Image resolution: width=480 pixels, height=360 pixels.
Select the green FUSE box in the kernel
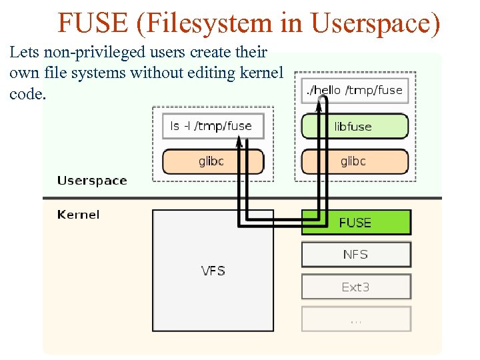356,223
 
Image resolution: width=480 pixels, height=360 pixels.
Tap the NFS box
356,255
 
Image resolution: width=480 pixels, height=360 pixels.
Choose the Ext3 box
356,287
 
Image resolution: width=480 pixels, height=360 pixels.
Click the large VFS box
213,271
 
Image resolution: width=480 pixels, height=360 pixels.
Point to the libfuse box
354,127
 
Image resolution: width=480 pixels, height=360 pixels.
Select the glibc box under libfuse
354,161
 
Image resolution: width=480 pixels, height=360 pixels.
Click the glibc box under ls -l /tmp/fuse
213,161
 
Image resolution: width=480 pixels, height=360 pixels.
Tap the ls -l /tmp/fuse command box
212,125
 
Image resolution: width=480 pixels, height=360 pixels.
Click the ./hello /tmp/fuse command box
354,90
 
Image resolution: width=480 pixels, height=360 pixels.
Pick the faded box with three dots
356,319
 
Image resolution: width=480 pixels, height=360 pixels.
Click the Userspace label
92,181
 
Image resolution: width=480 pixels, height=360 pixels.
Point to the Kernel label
79,215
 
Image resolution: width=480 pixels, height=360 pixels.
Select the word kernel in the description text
262,73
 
